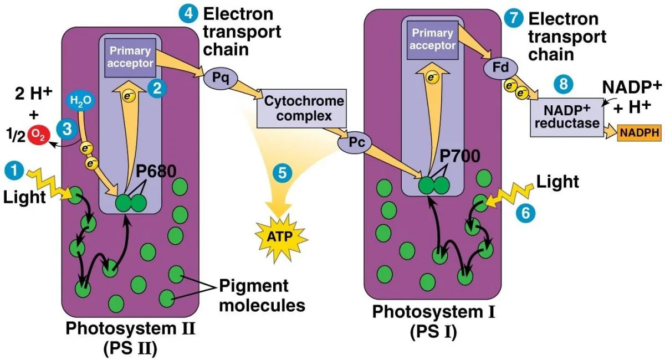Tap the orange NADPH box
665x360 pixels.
639,133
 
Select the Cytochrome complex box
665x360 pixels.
301,109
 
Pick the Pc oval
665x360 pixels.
355,143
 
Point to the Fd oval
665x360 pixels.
500,68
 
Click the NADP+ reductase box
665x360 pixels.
567,117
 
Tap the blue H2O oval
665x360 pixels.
80,101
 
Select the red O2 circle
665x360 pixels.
39,135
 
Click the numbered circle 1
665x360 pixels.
14,171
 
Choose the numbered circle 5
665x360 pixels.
282,173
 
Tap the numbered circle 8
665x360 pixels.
564,84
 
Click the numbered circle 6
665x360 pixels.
525,213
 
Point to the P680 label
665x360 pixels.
156,171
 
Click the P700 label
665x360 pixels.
459,156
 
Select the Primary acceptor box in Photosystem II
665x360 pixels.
130,57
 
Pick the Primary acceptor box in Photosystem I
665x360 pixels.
433,39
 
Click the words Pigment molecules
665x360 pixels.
262,296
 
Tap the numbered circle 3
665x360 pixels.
67,130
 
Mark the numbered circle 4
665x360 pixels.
188,14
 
